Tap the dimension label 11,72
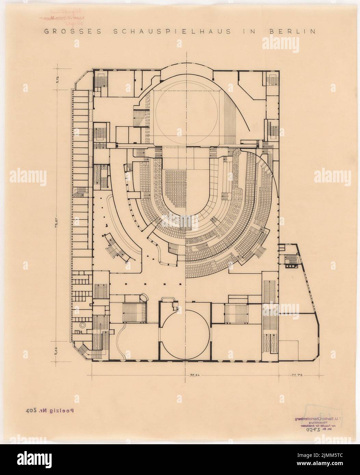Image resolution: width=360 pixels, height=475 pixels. click(296, 375)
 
